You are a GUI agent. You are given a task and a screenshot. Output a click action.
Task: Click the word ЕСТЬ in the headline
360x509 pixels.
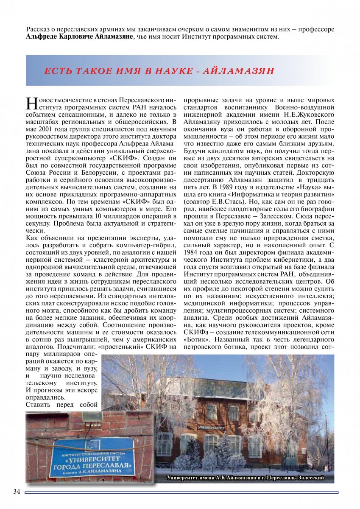[59, 71]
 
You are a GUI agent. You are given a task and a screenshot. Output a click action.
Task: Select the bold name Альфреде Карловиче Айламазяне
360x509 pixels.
[80, 37]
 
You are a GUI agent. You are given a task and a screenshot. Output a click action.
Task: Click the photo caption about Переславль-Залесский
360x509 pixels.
[245, 478]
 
